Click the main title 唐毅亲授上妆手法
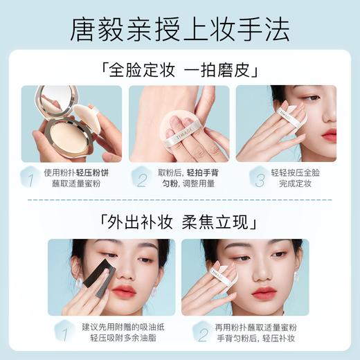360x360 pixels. point(180,29)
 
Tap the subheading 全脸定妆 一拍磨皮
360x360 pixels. point(180,69)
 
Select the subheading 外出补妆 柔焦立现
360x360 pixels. point(180,222)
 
